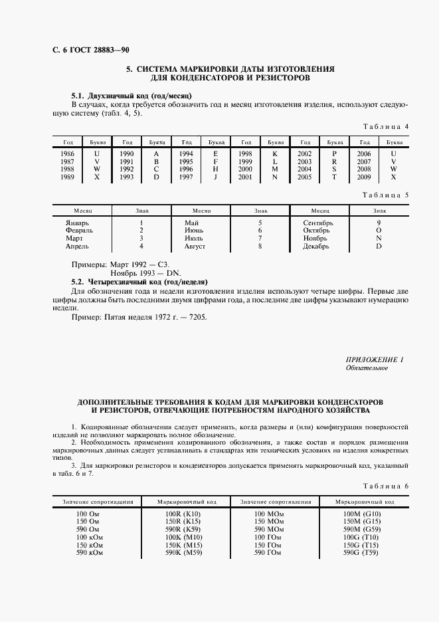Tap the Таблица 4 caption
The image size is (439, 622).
click(387, 126)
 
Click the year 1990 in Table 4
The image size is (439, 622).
click(127, 154)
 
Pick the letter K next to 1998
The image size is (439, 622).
click(274, 154)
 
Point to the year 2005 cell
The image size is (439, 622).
click(305, 177)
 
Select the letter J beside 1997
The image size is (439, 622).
click(215, 177)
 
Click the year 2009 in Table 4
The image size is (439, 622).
click(363, 177)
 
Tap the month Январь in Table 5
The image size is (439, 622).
click(77, 223)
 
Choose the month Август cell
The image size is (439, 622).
click(195, 247)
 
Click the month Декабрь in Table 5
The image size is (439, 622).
click(316, 247)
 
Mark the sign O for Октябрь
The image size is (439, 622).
click(379, 231)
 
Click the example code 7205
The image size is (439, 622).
click(198, 317)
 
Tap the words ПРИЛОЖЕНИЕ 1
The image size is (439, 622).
click(375, 360)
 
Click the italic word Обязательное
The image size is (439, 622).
click(367, 368)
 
